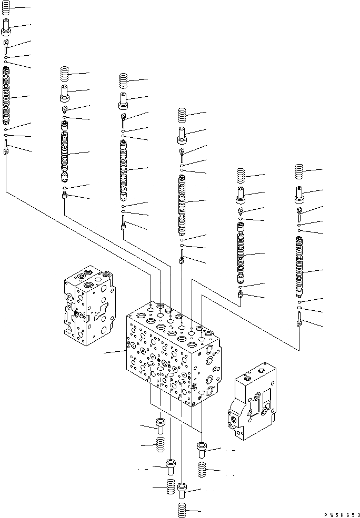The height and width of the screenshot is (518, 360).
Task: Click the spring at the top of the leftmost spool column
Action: pos(6,8)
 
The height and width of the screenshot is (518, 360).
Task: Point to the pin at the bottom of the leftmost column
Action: pos(6,149)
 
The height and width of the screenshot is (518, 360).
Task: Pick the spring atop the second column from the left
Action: pos(65,74)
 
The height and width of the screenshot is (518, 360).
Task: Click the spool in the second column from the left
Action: pos(64,153)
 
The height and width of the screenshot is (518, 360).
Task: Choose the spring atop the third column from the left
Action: pos(123,80)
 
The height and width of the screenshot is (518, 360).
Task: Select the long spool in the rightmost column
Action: pos(299,268)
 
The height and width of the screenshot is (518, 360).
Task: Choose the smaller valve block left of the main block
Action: pos(87,305)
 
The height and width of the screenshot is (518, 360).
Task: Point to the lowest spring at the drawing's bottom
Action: pos(182,510)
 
